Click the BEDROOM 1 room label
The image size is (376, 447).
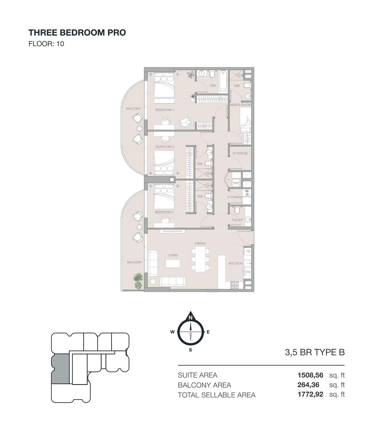coord(164,110)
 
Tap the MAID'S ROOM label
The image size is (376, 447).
coord(240,105)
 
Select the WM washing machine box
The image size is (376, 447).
coord(236,183)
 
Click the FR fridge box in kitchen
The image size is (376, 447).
coord(248,251)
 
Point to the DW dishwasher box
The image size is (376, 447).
coord(248,272)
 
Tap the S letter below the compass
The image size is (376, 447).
coord(190,350)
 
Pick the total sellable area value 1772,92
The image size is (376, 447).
coord(310,394)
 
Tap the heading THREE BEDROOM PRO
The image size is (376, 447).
coord(77,33)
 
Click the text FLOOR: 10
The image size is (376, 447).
coord(46,44)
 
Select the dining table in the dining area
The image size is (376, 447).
coord(200,259)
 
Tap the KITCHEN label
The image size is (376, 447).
coord(235,263)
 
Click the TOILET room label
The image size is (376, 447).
coord(237,220)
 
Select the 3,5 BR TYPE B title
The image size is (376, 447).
coord(315,352)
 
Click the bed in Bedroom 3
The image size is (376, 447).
coord(164,196)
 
